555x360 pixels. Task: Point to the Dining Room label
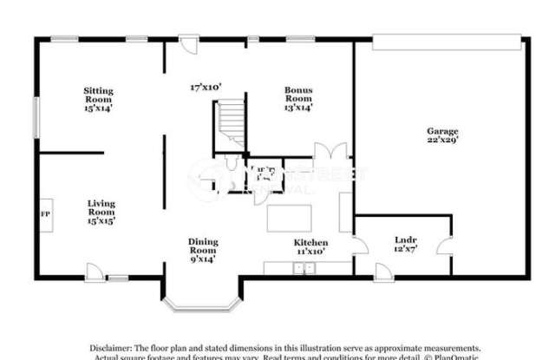[202, 249]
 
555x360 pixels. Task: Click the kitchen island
[291, 214]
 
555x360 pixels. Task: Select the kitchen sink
[304, 268]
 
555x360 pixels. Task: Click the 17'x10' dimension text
[207, 87]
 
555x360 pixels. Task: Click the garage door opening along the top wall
[447, 36]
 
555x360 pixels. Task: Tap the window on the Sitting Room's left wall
[36, 115]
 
